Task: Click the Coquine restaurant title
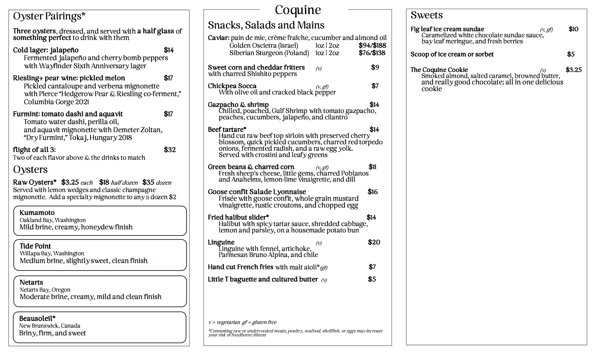297,10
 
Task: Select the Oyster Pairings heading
49,16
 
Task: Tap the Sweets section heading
426,15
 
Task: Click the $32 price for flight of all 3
170,150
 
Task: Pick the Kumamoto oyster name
37,213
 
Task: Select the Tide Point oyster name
35,246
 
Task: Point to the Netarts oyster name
31,282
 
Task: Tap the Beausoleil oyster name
37,318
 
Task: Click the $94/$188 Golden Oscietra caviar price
372,45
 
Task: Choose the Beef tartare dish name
227,130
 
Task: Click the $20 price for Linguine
374,242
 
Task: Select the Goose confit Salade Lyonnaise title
257,192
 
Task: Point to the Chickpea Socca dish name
232,86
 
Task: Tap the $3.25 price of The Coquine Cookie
573,70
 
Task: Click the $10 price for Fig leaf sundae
573,29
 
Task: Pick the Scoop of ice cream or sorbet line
452,54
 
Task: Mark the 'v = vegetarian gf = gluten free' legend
242,322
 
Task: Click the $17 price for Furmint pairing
168,114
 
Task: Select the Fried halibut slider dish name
238,217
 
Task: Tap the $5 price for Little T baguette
372,279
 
